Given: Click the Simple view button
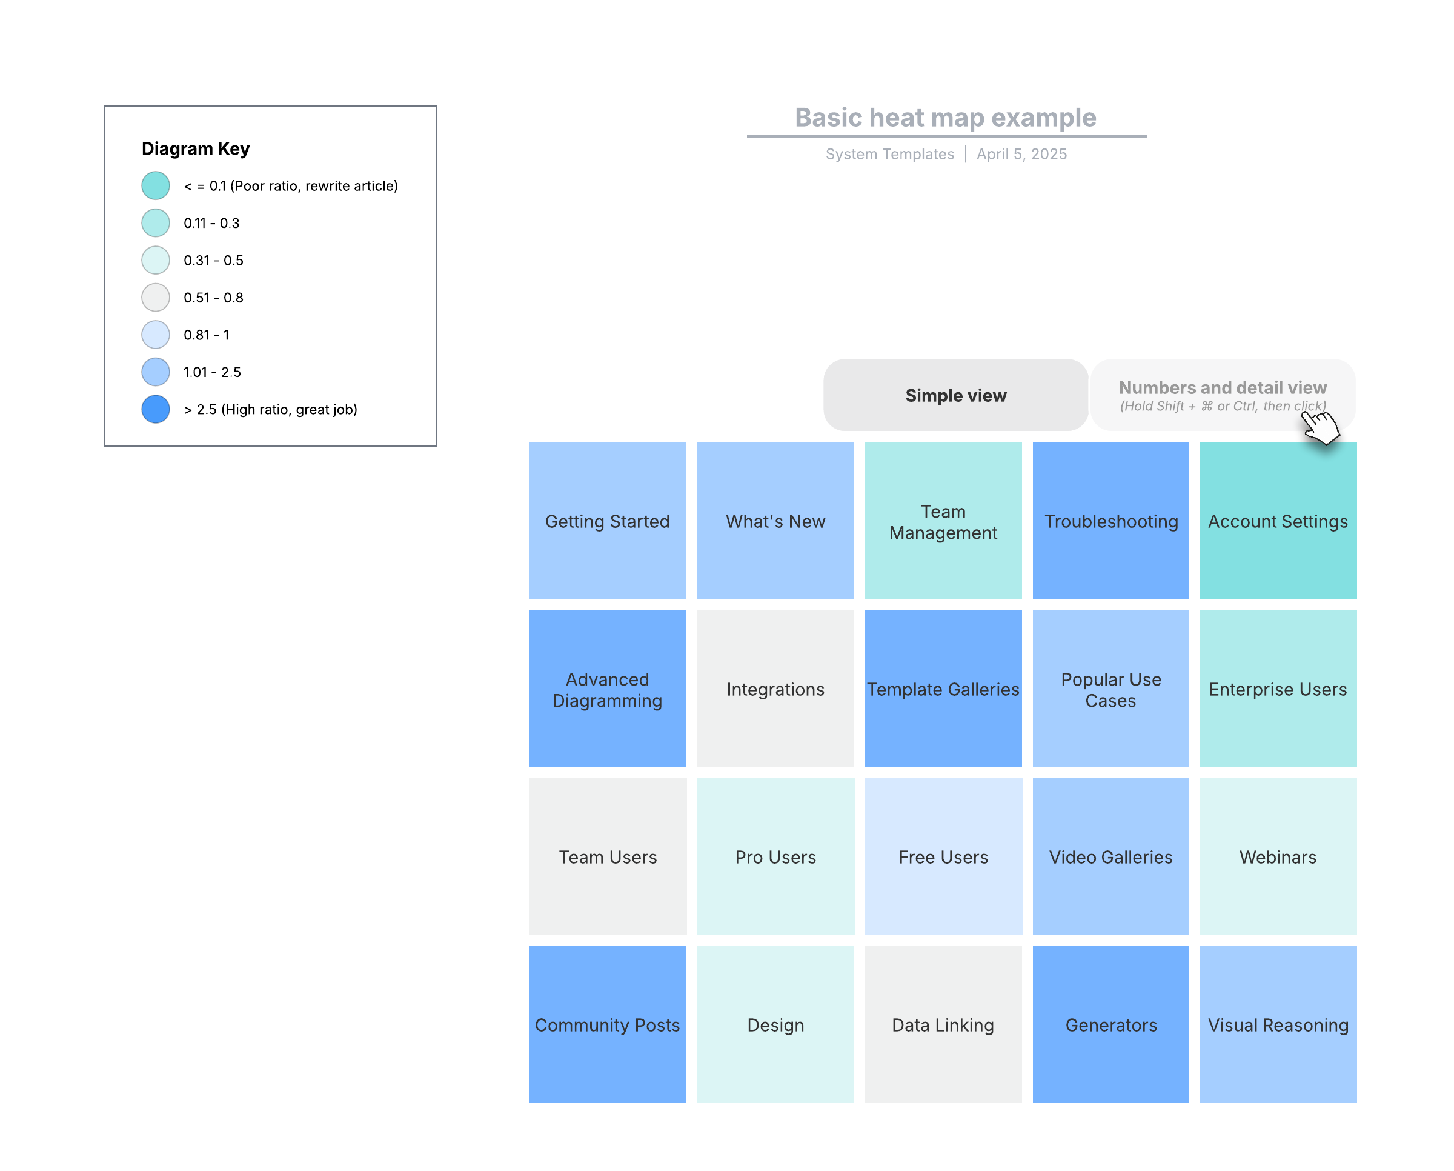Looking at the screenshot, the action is (x=955, y=395).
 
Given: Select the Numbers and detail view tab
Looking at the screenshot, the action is (x=1223, y=395).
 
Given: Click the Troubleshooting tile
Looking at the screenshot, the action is (x=1110, y=521).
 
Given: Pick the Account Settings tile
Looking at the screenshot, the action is (x=1278, y=521).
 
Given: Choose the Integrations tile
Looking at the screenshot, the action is (x=775, y=689).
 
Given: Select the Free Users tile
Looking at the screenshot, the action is (x=943, y=856).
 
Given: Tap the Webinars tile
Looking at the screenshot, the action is (x=1278, y=856).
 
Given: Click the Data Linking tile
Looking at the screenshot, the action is (x=943, y=1024).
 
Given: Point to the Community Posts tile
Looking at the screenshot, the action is (x=608, y=1024).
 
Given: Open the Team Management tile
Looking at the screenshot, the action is (x=943, y=521).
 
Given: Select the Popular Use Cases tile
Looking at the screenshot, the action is (x=1110, y=689).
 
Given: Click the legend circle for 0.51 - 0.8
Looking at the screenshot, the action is (x=156, y=298).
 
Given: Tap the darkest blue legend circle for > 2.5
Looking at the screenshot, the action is (x=156, y=410).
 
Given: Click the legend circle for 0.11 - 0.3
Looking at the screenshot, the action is (x=156, y=223).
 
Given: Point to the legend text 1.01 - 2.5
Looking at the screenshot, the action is (x=213, y=372).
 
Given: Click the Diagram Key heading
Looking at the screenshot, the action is (x=196, y=148).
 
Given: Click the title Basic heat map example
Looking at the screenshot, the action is (x=946, y=118).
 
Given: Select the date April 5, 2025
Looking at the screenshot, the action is (x=1021, y=154).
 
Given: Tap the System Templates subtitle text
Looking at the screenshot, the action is (x=890, y=154).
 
